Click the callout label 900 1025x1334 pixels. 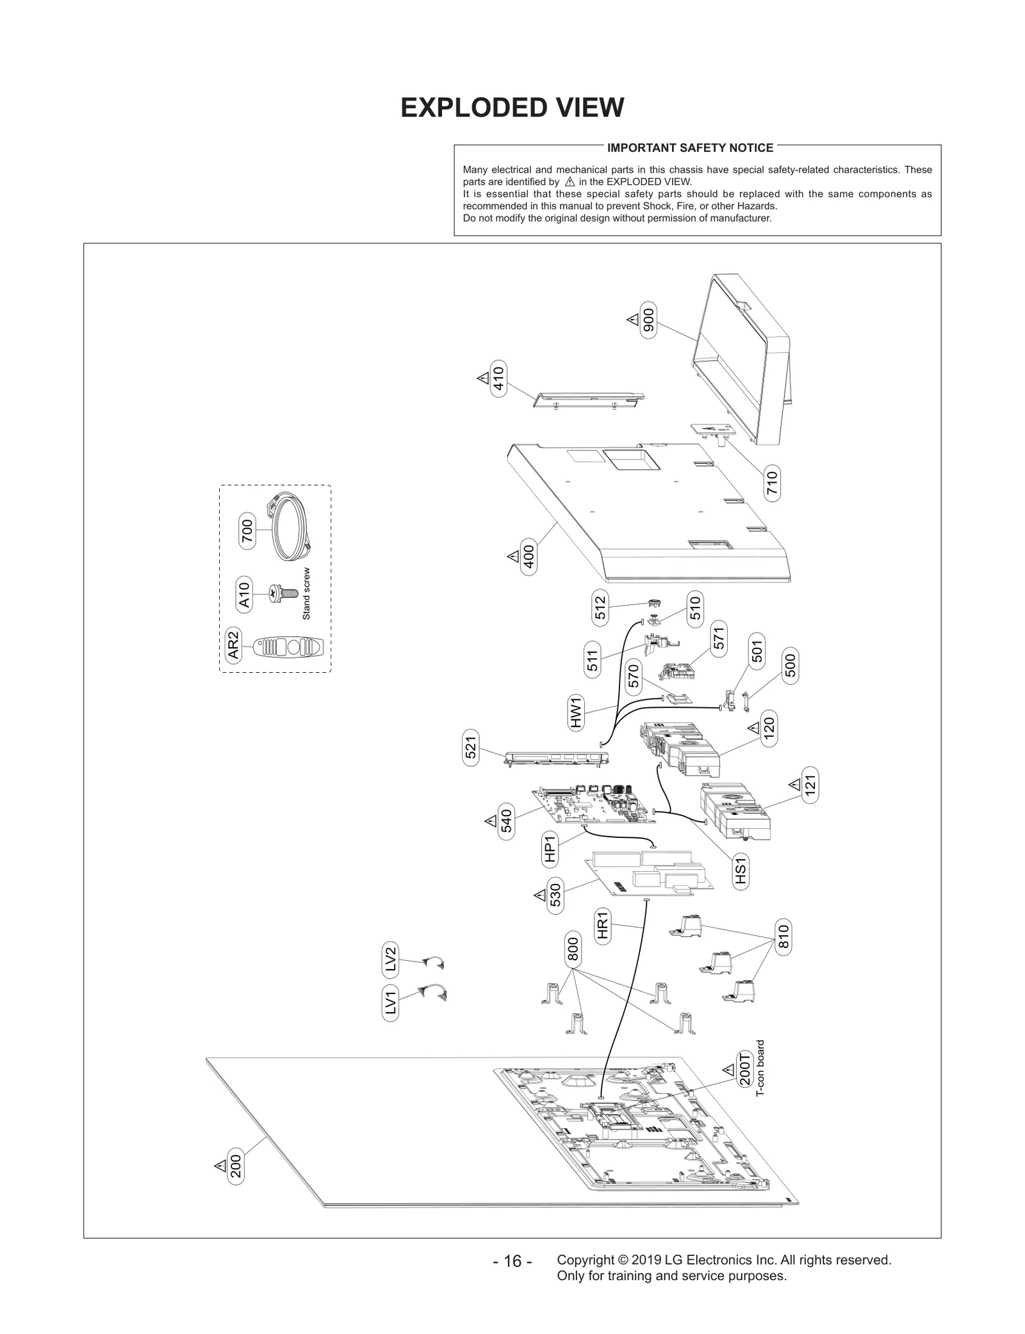tap(648, 319)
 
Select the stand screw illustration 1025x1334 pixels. tap(283, 593)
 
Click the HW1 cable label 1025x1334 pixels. tap(576, 712)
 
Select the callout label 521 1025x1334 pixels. tap(471, 748)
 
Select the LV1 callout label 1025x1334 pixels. tap(390, 1002)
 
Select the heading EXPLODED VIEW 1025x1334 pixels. tap(512, 108)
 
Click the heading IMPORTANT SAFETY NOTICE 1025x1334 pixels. tap(690, 148)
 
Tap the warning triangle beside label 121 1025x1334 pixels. tap(794, 784)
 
